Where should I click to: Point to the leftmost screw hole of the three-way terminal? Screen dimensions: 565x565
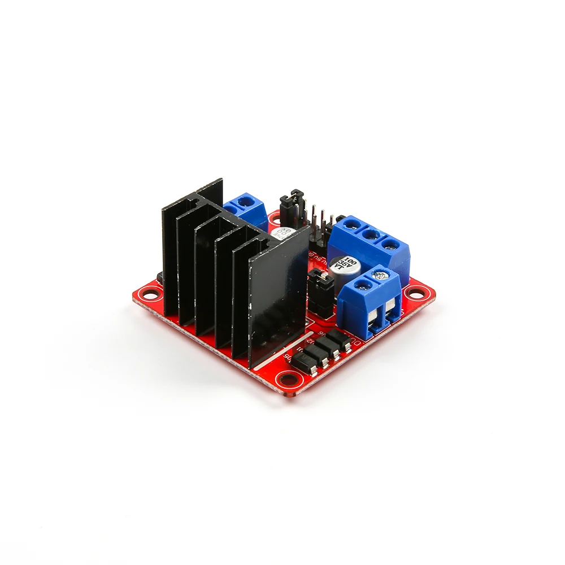350,224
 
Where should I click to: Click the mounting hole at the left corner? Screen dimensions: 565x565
152,294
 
